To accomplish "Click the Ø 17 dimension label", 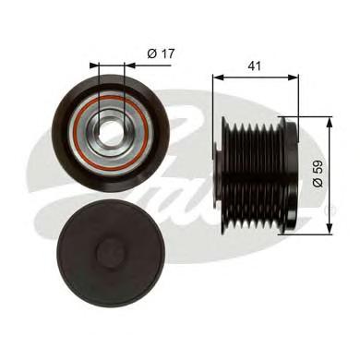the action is point(161,54).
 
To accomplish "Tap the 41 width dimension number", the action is point(254,66).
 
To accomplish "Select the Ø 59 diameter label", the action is point(318,174).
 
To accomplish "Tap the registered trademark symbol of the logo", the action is point(333,210).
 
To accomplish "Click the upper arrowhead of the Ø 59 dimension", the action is point(330,123).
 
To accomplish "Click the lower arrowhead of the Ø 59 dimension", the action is point(330,229).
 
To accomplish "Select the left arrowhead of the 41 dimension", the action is point(218,78).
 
